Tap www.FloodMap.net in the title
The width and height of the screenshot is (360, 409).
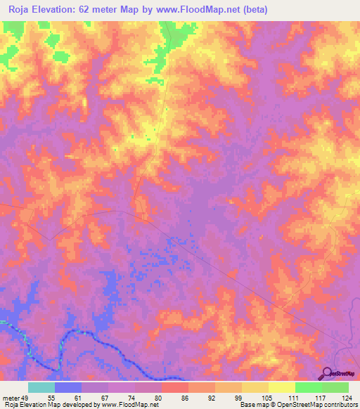(200, 10)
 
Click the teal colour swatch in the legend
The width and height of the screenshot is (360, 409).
(41, 387)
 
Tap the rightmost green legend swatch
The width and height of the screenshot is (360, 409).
(335, 387)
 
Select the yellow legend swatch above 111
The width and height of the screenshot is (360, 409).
(282, 387)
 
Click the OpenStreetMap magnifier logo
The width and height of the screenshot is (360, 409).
(328, 373)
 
